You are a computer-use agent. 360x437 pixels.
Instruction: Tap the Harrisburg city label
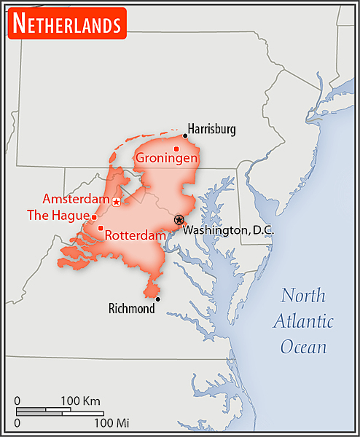tap(212, 130)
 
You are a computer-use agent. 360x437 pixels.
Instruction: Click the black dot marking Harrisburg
tap(185, 135)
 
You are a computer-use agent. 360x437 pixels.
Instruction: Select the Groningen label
tap(168, 158)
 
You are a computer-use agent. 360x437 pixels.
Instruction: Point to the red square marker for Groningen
tap(176, 149)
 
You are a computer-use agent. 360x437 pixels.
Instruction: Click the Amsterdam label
tap(76, 199)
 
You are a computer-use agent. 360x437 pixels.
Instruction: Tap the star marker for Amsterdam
tap(117, 201)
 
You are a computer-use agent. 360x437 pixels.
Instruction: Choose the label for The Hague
tap(58, 216)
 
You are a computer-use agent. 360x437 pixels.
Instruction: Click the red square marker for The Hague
tap(94, 217)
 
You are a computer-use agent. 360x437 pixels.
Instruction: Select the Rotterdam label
tap(135, 235)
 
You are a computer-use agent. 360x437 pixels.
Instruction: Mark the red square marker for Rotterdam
tap(101, 228)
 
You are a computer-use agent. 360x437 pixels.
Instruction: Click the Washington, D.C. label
tap(227, 230)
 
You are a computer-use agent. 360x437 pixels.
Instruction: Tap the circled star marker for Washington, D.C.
tap(179, 219)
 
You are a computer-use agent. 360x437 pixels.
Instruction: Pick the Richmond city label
tap(131, 309)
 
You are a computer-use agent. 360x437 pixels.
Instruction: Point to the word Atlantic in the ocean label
tap(305, 321)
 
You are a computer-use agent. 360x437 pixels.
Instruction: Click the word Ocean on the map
tap(304, 347)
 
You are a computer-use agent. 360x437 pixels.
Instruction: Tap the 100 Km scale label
tap(80, 401)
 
